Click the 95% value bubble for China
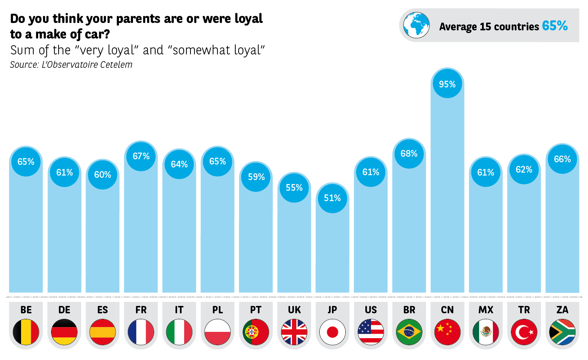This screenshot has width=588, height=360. pyautogui.click(x=447, y=84)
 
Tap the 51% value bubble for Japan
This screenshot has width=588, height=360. pyautogui.click(x=332, y=198)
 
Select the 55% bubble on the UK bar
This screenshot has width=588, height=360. pyautogui.click(x=294, y=187)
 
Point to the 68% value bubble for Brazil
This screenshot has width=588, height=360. pyautogui.click(x=409, y=153)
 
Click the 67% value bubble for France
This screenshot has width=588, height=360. pyautogui.click(x=141, y=156)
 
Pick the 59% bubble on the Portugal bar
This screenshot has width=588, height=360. pyautogui.click(x=256, y=177)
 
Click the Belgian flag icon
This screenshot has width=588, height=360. pyautogui.click(x=26, y=332)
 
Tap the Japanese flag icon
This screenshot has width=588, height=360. pyautogui.click(x=332, y=332)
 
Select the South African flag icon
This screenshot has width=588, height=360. pyautogui.click(x=562, y=332)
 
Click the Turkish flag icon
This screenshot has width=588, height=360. pyautogui.click(x=524, y=332)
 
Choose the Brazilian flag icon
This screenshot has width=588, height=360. pyautogui.click(x=409, y=332)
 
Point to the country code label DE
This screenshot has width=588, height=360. pyautogui.click(x=64, y=310)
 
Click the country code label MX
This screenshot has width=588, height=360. pyautogui.click(x=486, y=310)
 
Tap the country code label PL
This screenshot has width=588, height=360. pyautogui.click(x=217, y=310)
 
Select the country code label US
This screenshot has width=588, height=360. pyautogui.click(x=371, y=310)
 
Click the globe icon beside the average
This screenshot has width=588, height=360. pyautogui.click(x=416, y=25)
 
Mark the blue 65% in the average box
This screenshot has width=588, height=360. pyautogui.click(x=555, y=26)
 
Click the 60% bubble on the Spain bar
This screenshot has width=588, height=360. pyautogui.click(x=103, y=174)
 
